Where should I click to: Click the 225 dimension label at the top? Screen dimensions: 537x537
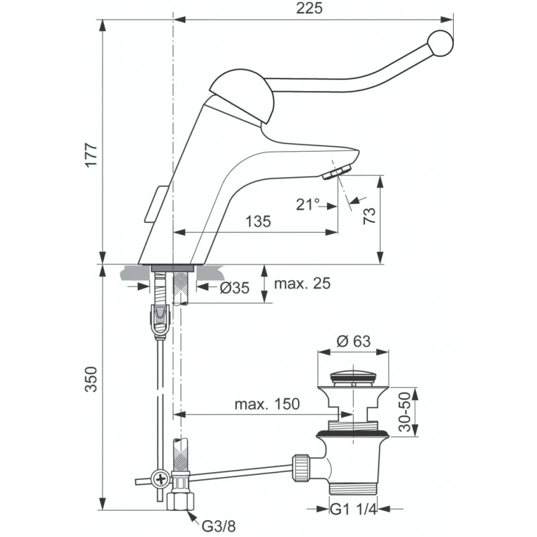point(309,9)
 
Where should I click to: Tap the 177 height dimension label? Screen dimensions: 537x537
point(92,155)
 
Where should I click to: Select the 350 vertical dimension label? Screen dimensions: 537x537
point(92,379)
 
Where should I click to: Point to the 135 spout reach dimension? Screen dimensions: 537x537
point(258,222)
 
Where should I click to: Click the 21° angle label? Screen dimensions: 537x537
point(308,205)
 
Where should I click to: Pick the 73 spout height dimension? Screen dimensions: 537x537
point(369,215)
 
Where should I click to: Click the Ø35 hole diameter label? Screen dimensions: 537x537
point(234,288)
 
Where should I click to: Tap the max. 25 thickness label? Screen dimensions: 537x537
point(302,283)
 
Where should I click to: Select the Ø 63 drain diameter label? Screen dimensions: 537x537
point(354,341)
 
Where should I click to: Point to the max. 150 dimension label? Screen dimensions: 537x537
point(266,404)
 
